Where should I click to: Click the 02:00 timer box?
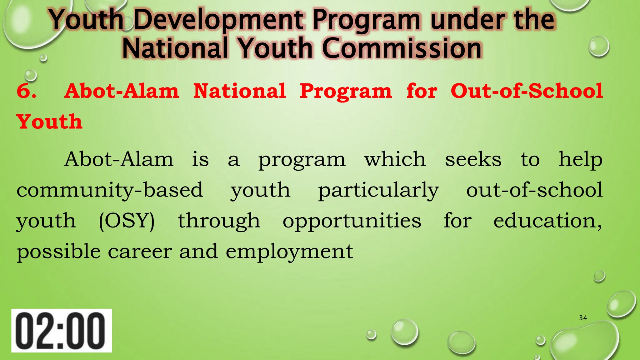pyautogui.click(x=62, y=331)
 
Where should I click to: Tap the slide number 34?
pyautogui.click(x=583, y=318)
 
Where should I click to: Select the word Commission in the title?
pyautogui.click(x=402, y=48)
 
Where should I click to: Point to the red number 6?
pyautogui.click(x=26, y=91)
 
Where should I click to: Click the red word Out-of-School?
pyautogui.click(x=527, y=91)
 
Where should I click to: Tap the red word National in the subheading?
pyautogui.click(x=239, y=91)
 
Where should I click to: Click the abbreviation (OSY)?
pyautogui.click(x=127, y=221)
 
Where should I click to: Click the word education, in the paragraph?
pyautogui.click(x=547, y=221)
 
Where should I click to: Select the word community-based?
pyautogui.click(x=110, y=190)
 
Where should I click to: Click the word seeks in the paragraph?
pyautogui.click(x=473, y=159)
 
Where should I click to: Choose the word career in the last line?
pyautogui.click(x=140, y=252)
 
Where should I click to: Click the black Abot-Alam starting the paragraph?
pyautogui.click(x=119, y=159)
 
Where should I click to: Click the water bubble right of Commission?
pyautogui.click(x=599, y=47)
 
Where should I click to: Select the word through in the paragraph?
pyautogui.click(x=219, y=221)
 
